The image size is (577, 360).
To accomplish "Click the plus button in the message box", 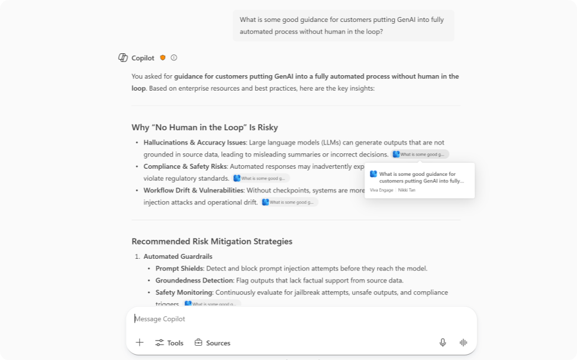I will coord(140,343).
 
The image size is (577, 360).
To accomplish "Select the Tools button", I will coord(169,343).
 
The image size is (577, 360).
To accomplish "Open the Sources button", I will coord(212,343).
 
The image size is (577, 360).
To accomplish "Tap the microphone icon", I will coord(443,343).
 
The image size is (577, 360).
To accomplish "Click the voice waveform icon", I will coord(463,343).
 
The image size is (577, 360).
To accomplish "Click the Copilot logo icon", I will coord(123,58).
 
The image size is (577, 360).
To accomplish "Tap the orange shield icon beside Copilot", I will coord(163,58).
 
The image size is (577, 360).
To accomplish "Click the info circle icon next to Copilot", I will coord(174,58).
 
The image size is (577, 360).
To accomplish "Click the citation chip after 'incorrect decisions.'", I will coord(420,155).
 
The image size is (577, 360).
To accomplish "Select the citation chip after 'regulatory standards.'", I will coord(261,178).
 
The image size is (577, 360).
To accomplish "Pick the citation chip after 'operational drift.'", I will coord(289,202).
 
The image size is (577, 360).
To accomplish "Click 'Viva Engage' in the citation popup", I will coord(382,190).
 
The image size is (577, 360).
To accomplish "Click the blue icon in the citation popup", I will coord(373,174).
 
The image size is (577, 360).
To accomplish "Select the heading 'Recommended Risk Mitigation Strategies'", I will coord(212,242).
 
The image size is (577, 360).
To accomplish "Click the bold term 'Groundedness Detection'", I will coord(194,281).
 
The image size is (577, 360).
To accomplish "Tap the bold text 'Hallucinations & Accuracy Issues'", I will coord(194,143).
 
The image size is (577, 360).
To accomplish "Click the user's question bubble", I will coord(343,26).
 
